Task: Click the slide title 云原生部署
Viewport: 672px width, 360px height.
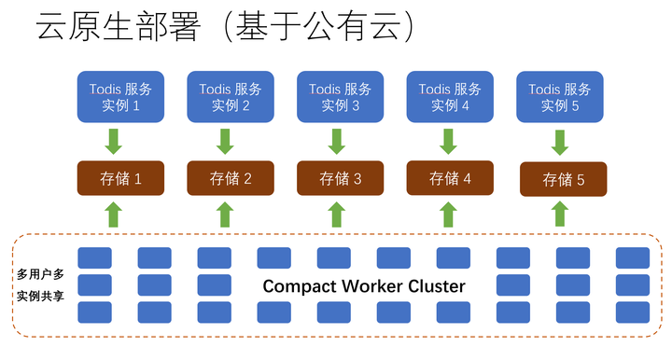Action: pos(118,27)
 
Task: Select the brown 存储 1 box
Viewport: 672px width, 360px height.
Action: pos(120,177)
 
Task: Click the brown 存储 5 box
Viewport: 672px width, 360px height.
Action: pos(563,179)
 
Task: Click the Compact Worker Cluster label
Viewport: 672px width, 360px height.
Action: pos(363,285)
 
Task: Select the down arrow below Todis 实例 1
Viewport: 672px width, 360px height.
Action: pos(113,142)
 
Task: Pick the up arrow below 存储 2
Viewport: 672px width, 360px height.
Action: pos(225,214)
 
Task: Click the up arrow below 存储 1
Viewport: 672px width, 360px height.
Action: pos(113,214)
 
